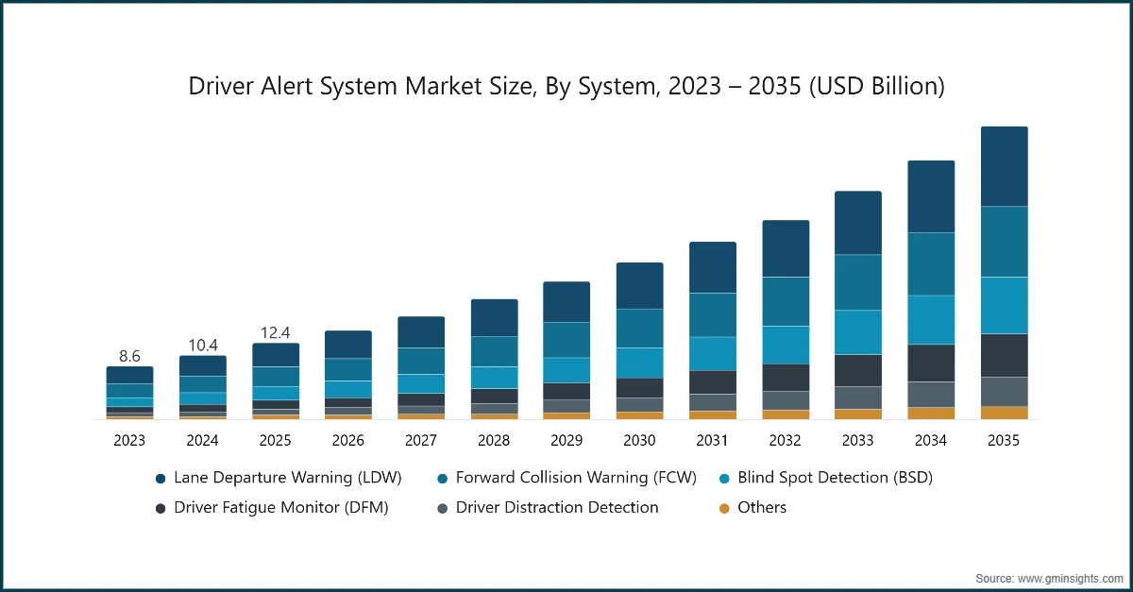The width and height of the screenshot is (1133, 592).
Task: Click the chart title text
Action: coord(566,86)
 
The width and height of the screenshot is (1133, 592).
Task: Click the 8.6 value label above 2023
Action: coord(129,356)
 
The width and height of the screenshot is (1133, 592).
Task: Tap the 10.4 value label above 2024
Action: coord(202,345)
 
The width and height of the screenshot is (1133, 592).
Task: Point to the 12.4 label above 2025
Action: coord(275,332)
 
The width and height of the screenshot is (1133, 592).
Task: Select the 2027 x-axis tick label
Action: coord(421,440)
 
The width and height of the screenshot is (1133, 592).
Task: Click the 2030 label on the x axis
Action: coord(639,440)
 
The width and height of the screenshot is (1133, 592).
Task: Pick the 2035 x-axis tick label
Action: coord(1004,440)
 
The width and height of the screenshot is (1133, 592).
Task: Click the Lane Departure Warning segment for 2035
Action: coord(1004,166)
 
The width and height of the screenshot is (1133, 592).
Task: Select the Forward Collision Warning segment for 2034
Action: coord(931,263)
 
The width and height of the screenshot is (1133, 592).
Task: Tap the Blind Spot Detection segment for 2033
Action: coord(858,331)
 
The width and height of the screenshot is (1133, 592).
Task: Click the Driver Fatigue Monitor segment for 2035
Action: coord(1004,355)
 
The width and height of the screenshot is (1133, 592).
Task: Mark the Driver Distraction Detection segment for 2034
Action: coord(931,394)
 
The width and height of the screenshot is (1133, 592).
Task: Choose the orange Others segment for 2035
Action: coord(1004,413)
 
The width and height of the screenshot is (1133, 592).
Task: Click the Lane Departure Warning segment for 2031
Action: coord(712,267)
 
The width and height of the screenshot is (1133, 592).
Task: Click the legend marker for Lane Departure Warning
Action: coord(161,479)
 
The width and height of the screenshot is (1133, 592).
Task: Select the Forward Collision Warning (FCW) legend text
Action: coord(575,478)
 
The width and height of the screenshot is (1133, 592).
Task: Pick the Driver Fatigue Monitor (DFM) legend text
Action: coord(280,508)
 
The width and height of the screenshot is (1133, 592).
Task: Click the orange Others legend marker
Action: coord(724,508)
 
